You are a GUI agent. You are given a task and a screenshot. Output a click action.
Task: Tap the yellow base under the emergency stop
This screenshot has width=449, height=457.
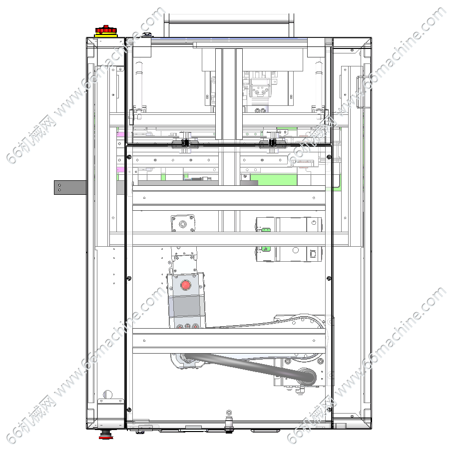[x=106, y=35]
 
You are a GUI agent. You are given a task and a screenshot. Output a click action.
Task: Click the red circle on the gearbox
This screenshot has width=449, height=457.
[x=186, y=285]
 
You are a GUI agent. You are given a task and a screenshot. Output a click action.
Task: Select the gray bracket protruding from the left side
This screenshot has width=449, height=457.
[x=70, y=187]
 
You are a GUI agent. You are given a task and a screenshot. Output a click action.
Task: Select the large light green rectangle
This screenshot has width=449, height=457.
[x=274, y=180]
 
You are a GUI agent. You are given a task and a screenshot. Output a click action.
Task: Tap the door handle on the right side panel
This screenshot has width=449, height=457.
[x=360, y=92]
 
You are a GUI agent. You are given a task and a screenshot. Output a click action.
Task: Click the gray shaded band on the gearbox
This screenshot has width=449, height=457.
[x=186, y=306]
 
